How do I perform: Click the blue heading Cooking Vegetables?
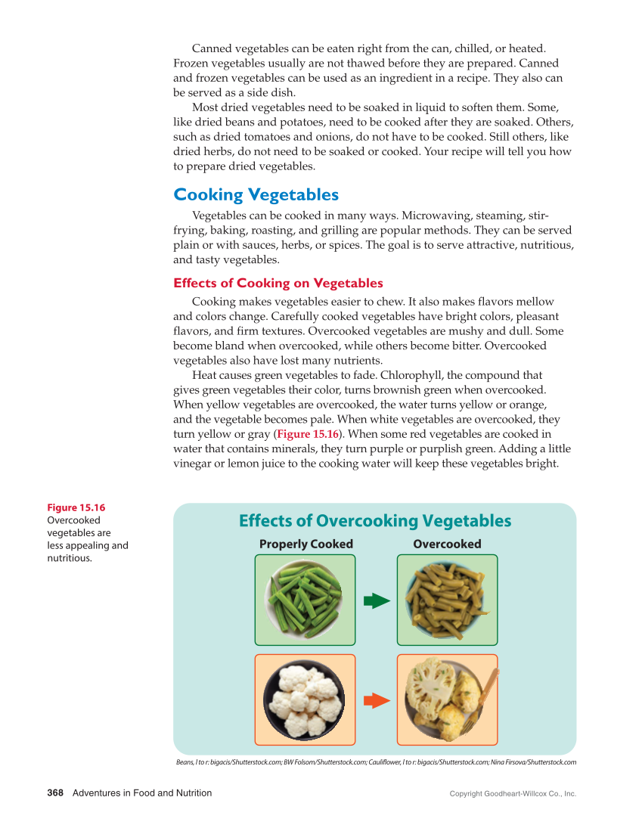pos(256,194)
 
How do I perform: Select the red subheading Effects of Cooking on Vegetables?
pos(278,283)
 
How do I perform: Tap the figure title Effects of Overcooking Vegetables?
pos(374,521)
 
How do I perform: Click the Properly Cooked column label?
pos(305,544)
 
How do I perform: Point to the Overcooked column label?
pos(447,544)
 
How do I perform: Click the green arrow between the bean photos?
pos(376,601)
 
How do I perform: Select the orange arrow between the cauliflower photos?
pos(376,700)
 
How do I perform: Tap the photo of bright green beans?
pos(305,600)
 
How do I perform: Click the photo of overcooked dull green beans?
pos(447,600)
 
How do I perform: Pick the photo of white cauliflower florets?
pos(305,699)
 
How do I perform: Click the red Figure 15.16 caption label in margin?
pos(76,507)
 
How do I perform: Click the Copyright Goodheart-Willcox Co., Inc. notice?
pos(513,794)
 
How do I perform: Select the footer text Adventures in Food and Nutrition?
pos(142,793)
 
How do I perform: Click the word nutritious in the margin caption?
pos(70,558)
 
